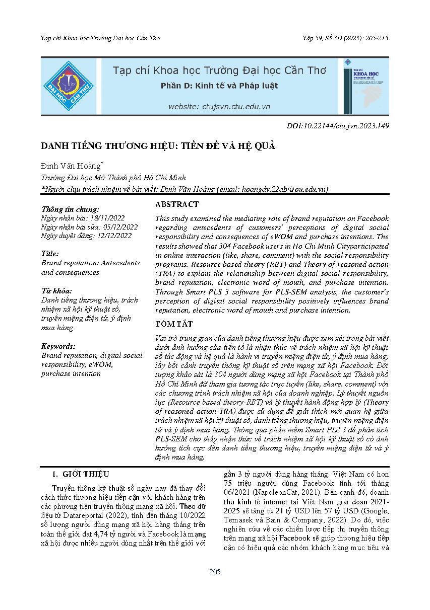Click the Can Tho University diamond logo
coord(68,86)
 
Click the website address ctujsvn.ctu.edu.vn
coord(219,107)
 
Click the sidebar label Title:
coord(50,254)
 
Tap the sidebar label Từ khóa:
coord(56,291)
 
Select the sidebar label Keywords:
coord(58,346)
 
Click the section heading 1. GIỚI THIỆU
coord(81,474)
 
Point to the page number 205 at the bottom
coord(215,571)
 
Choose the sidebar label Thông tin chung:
coord(70,209)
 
